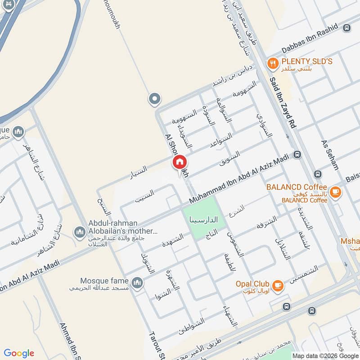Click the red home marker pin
(179, 162)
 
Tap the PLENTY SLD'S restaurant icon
(272, 63)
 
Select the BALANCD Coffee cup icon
(335, 192)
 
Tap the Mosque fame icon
(138, 283)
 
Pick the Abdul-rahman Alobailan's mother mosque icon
(80, 232)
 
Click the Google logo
(19, 353)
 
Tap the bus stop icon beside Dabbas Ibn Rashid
(346, 28)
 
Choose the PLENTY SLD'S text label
(307, 61)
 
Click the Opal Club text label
(252, 284)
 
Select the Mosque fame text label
(104, 280)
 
